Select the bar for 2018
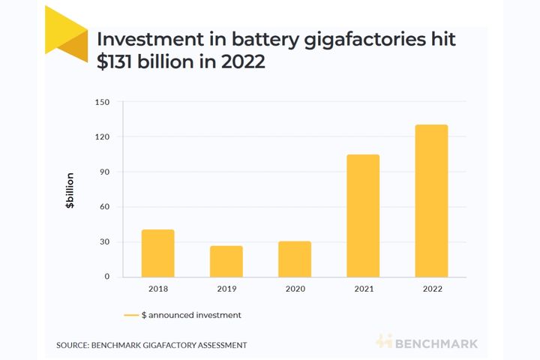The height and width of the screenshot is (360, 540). pyautogui.click(x=157, y=253)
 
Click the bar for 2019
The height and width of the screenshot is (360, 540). pyautogui.click(x=226, y=261)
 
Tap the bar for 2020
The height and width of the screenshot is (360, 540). pyautogui.click(x=295, y=259)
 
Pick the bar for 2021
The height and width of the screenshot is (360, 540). pyautogui.click(x=363, y=216)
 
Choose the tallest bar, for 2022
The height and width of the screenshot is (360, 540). pyautogui.click(x=431, y=201)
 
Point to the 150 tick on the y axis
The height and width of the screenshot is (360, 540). pyautogui.click(x=103, y=102)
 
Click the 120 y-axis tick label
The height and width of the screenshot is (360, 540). pyautogui.click(x=103, y=137)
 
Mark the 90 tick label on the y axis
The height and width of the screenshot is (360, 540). pyautogui.click(x=105, y=172)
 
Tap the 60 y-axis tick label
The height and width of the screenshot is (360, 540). pyautogui.click(x=105, y=207)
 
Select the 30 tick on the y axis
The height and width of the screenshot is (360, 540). pyautogui.click(x=105, y=242)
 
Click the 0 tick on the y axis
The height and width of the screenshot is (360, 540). pyautogui.click(x=107, y=277)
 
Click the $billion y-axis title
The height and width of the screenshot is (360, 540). pyautogui.click(x=70, y=190)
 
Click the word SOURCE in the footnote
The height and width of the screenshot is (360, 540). pyautogui.click(x=73, y=345)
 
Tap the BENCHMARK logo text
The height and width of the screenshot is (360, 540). pyautogui.click(x=435, y=343)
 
